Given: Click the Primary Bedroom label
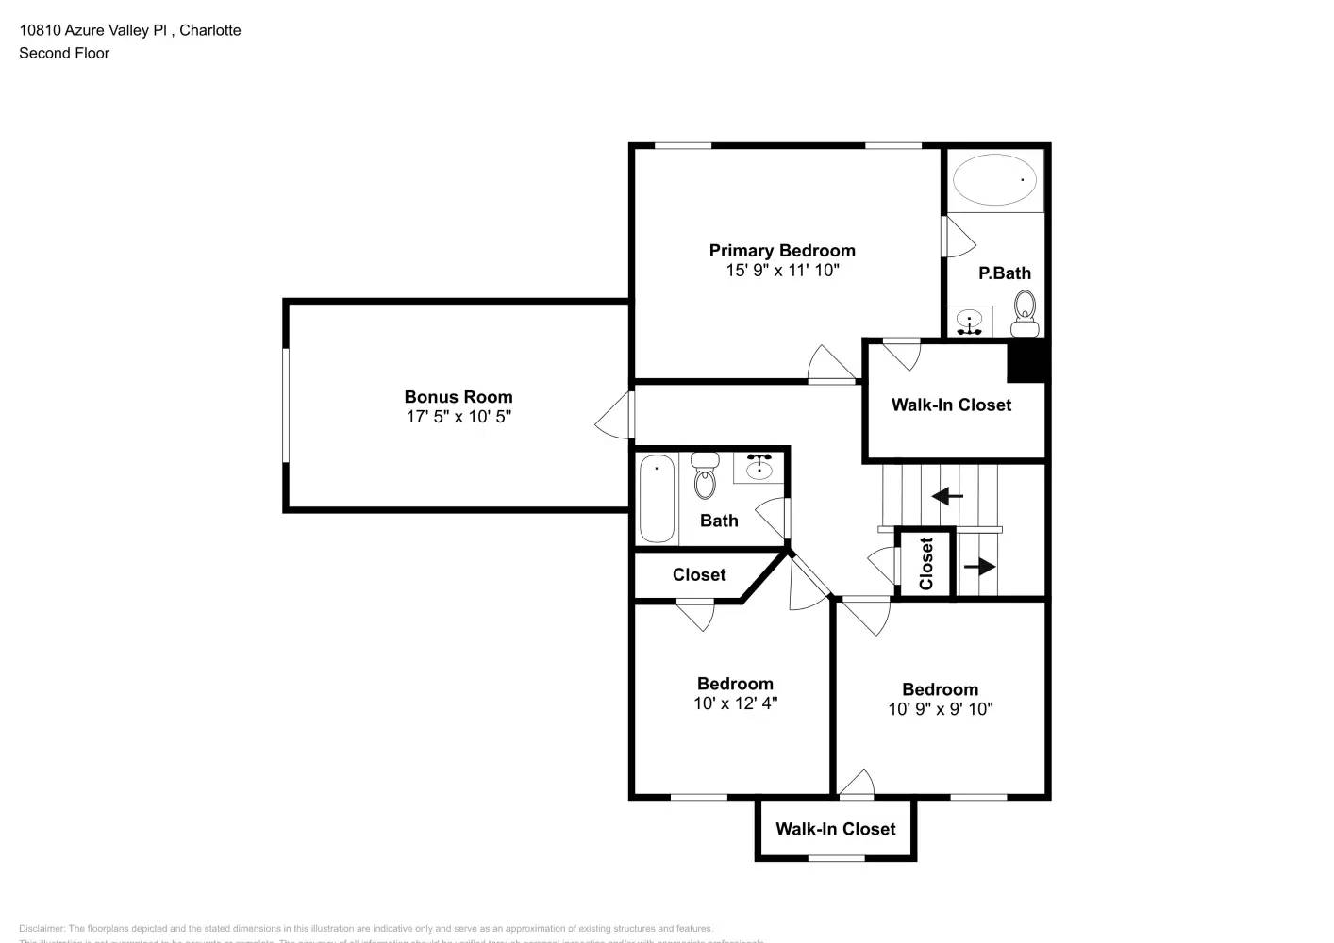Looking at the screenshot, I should point(782,250).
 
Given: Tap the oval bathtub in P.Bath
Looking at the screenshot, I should point(994,179).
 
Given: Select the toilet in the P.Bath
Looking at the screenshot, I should point(1025,313).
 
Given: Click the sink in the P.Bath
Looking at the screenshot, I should point(970,322).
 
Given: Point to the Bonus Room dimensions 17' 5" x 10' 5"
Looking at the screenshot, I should point(459,417).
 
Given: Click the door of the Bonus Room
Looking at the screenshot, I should point(615,415).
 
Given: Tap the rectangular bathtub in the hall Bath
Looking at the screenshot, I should point(658,497).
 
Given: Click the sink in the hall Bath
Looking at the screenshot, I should point(759,467).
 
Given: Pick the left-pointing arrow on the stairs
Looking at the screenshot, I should point(947,496).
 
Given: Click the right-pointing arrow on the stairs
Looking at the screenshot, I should point(980,567).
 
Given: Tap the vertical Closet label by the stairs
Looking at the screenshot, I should point(926,564).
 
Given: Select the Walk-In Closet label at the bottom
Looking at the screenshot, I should point(835,829).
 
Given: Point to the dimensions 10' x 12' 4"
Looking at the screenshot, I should point(735,703).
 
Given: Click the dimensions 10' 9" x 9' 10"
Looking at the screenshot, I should point(940,709).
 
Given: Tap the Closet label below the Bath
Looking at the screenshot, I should point(699,574).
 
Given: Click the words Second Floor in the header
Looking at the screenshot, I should point(64,53).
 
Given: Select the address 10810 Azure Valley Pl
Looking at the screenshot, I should point(93,30).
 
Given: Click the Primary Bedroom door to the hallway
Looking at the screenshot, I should point(830,365).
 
